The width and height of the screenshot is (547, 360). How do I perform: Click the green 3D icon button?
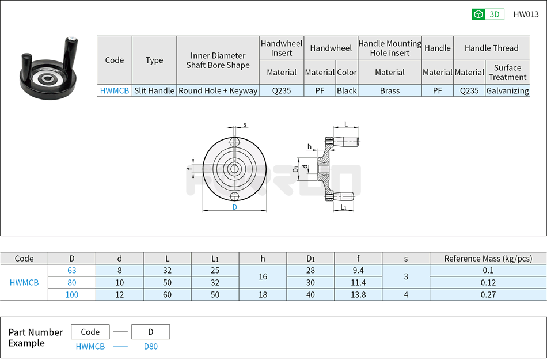488,14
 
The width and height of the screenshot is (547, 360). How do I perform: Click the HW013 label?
526,14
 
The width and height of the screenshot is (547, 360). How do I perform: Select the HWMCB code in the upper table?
115,90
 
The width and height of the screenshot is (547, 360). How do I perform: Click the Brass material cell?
390,90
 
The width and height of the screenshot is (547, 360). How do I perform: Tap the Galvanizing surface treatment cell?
507,90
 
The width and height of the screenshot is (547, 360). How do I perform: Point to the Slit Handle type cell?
154,90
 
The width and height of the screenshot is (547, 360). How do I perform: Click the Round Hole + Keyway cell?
218,90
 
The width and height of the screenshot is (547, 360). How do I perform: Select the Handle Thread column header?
491,48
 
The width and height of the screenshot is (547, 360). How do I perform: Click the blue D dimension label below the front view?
234,207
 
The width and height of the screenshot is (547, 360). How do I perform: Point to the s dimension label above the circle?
245,124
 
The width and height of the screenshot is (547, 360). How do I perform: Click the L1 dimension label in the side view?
344,207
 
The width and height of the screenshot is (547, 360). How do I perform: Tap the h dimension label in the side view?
309,147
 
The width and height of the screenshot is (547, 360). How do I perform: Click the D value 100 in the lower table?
71,294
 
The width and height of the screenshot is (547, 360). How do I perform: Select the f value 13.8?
358,294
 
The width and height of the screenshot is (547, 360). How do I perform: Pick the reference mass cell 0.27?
488,294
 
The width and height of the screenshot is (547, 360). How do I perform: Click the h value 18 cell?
263,294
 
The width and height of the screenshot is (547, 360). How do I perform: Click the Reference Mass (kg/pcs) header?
488,259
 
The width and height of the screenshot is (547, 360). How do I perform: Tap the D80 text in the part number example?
150,346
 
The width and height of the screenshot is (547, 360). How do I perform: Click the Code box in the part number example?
90,332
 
